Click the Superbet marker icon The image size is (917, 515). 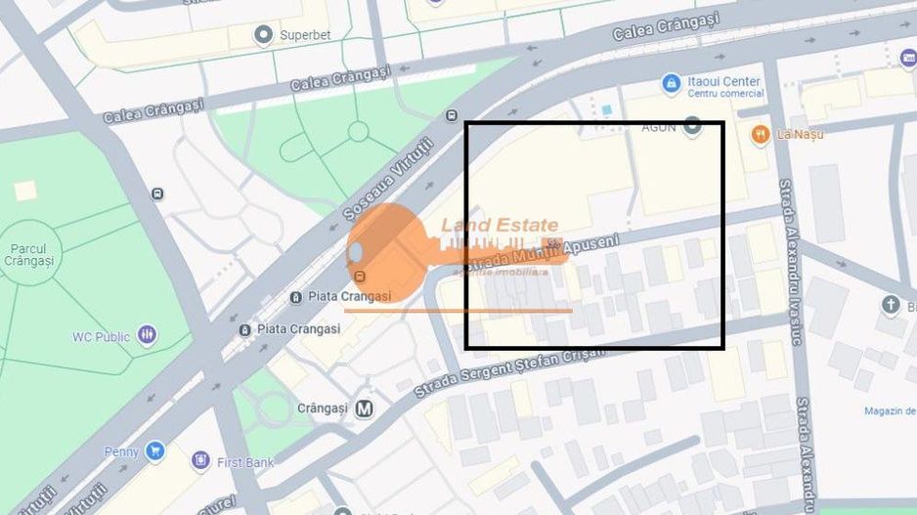(x=262, y=36)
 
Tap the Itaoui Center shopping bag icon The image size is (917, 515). (x=671, y=84)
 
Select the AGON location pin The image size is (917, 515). (x=692, y=126)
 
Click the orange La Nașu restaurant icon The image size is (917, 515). (x=760, y=134)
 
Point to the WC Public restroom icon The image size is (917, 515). (x=147, y=336)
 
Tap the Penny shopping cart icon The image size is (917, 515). (x=153, y=451)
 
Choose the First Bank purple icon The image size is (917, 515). (x=200, y=460)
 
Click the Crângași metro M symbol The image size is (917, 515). (x=364, y=408)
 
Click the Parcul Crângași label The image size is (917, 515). (x=29, y=255)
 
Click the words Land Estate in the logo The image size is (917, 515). (x=500, y=226)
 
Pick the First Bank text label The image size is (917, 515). (x=246, y=461)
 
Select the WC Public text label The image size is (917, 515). (x=101, y=337)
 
